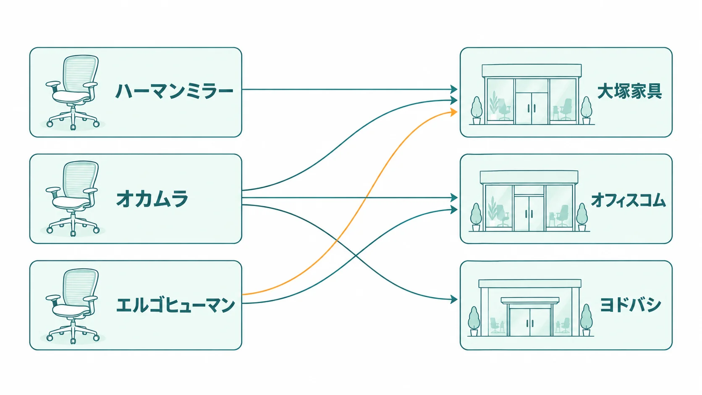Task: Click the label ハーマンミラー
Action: [x=174, y=92]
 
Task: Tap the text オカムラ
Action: [x=152, y=199]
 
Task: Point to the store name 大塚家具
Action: [x=629, y=91]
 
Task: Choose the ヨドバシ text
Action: [x=630, y=305]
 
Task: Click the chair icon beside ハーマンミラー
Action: [x=73, y=92]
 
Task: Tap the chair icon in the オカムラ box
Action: [x=73, y=199]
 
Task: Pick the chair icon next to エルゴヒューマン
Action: [x=73, y=306]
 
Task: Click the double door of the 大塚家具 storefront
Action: [x=532, y=108]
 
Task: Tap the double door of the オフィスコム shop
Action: [x=529, y=214]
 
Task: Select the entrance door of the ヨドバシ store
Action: [x=530, y=322]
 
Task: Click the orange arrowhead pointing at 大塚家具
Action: [x=453, y=112]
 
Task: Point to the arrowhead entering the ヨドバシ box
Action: [x=453, y=299]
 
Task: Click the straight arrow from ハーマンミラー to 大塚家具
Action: [x=349, y=89]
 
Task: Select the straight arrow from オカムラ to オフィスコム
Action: [x=349, y=198]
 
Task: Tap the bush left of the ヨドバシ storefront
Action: [x=474, y=321]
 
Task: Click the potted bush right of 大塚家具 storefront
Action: [x=586, y=110]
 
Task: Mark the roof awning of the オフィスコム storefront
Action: [x=529, y=177]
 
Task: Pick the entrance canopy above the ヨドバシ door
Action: [x=530, y=301]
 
